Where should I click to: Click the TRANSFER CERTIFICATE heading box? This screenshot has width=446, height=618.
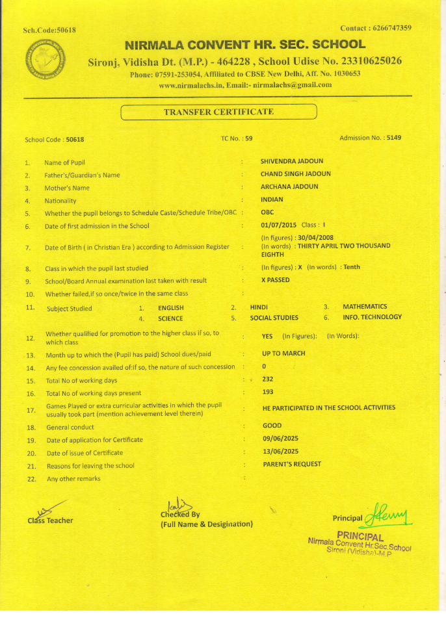coord(218,112)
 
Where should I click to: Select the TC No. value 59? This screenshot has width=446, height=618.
coord(248,139)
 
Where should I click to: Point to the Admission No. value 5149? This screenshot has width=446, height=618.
coord(394,138)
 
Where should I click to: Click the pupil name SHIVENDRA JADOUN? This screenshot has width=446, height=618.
coord(292,161)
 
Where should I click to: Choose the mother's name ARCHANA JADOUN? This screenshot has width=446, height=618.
coord(289,187)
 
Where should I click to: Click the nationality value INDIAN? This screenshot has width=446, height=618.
coord(272,200)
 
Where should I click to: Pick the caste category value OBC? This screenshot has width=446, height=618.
coord(267,212)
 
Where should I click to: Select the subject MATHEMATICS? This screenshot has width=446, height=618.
coord(365,306)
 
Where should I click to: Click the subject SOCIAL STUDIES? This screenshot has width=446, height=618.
coord(274,318)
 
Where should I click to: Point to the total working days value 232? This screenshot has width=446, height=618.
coord(267,379)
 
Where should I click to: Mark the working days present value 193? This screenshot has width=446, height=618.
coord(267,392)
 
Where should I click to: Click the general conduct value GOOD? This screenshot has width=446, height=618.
coord(272,426)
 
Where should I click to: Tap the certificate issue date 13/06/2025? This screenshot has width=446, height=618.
coord(280,451)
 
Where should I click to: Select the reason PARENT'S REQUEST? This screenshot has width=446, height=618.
coord(292,464)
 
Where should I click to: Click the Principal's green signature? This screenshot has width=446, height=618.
coord(388,517)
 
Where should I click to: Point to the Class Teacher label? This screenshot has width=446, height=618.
coord(50,521)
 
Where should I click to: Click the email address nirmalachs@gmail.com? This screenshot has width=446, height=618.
coord(293,84)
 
